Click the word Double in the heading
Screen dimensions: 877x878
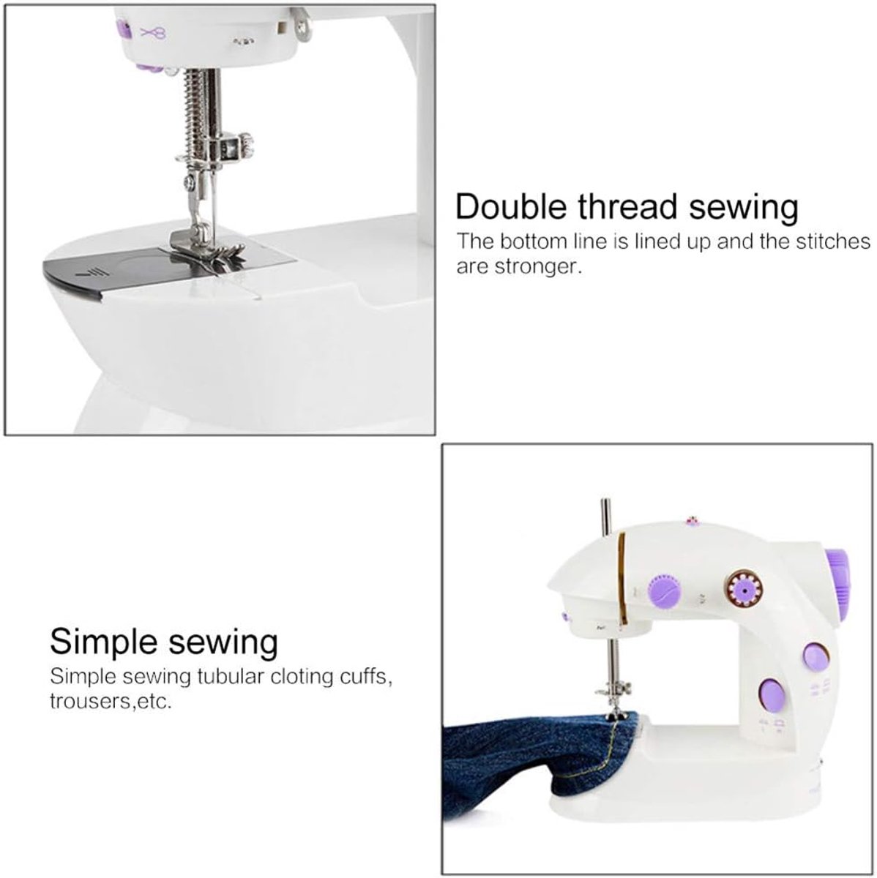(x=512, y=207)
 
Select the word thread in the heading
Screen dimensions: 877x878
(x=628, y=207)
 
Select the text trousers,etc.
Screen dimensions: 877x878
(x=111, y=702)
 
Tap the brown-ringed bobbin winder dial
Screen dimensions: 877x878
(x=744, y=591)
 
